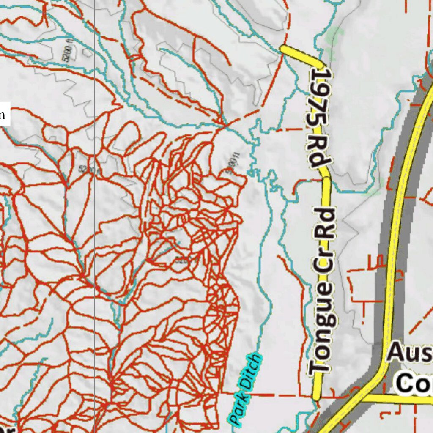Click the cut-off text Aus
point(409,353)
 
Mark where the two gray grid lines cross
point(94,126)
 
